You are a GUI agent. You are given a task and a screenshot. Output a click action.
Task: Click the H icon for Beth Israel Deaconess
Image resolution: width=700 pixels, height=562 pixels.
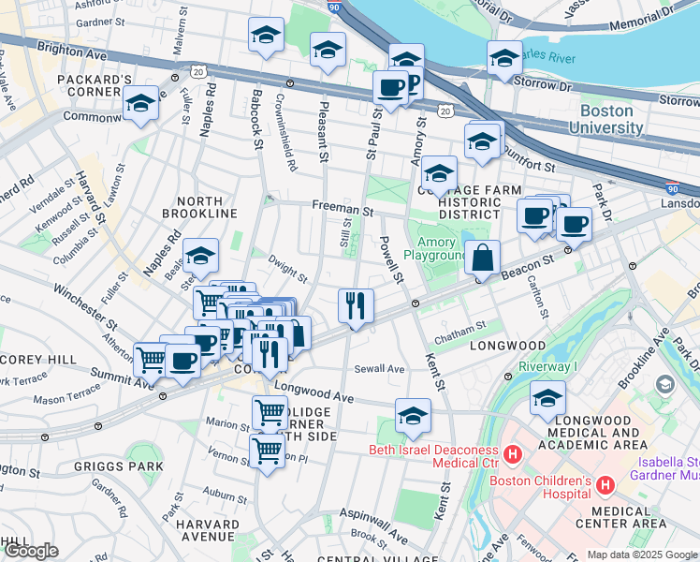point(513,455)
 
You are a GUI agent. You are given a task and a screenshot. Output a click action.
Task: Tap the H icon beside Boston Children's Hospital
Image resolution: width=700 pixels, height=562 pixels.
point(605,485)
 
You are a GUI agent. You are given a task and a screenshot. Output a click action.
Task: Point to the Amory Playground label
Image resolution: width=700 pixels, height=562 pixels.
point(435,248)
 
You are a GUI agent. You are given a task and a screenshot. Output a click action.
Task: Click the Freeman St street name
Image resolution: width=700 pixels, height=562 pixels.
point(342,212)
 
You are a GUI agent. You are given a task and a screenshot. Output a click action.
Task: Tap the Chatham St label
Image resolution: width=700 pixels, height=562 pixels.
point(461,327)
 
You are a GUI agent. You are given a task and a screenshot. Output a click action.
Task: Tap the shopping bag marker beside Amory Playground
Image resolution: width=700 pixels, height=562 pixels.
point(482,257)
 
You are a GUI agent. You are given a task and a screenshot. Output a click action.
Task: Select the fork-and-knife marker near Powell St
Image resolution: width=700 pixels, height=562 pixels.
point(356,304)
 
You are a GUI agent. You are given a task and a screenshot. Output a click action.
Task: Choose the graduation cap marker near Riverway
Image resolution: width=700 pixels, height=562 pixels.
point(548,397)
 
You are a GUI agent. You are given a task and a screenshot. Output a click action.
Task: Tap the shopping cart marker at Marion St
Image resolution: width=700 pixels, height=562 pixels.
point(270,411)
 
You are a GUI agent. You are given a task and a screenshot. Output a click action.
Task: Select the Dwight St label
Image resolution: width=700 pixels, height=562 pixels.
point(287,271)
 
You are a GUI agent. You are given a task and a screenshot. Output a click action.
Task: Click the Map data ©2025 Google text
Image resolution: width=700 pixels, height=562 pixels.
point(643,555)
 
